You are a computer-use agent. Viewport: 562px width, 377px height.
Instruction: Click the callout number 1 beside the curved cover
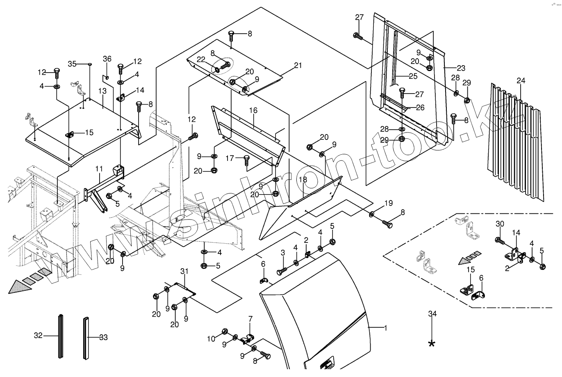point(386,328)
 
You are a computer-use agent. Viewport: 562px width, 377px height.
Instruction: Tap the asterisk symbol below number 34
point(432,344)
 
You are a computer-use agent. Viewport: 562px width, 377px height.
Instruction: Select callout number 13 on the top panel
point(102,91)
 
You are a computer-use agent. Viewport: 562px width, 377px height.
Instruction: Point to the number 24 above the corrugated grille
point(521,80)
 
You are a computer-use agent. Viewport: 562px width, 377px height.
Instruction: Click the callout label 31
point(184,271)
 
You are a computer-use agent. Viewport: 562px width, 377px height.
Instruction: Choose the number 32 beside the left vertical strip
point(38,335)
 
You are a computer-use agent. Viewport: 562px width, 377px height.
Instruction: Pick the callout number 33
point(103,337)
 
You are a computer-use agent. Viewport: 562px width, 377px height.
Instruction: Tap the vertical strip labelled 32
point(61,336)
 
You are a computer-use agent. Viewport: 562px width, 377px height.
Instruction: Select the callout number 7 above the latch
point(250,319)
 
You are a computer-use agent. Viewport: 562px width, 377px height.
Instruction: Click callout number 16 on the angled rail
point(253,110)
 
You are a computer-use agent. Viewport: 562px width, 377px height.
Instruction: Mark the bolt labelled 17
point(246,160)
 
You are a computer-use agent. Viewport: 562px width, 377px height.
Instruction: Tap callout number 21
point(298,65)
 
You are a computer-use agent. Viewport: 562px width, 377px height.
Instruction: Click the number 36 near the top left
point(107,59)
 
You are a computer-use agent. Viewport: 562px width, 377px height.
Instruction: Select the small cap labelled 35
point(90,64)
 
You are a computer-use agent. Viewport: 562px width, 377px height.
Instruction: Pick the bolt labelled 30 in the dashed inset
point(500,241)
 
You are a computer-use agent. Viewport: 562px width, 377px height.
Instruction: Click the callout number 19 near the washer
point(389,203)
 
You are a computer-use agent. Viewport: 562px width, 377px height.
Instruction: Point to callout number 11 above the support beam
point(99,169)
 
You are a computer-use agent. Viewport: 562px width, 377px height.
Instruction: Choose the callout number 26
point(420,107)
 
